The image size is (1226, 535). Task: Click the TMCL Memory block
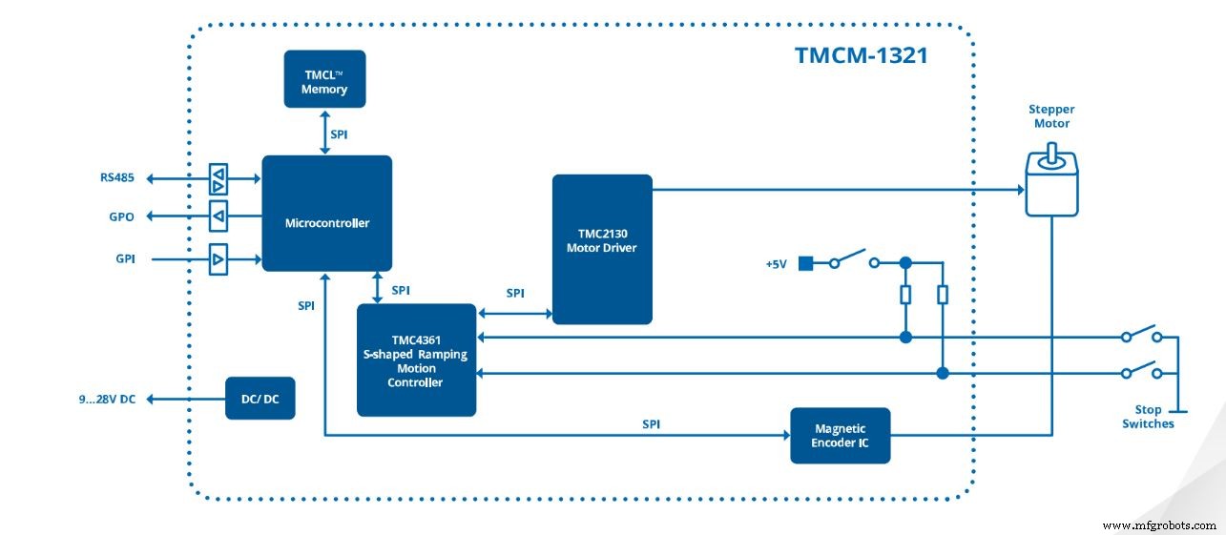tap(324, 79)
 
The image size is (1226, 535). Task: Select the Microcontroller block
tap(326, 214)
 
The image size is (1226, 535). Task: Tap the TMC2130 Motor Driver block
tap(602, 249)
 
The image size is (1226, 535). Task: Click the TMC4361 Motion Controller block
tap(416, 360)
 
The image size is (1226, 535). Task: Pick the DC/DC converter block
tap(260, 399)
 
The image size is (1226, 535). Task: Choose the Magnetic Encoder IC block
tap(840, 436)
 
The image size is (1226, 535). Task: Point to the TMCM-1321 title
tap(861, 55)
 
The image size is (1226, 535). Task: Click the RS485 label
tap(116, 177)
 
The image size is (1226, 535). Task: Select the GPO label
tap(121, 217)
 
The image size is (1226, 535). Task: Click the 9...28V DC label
tap(107, 400)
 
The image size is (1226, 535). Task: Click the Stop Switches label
tap(1148, 417)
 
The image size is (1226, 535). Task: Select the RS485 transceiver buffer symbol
tap(218, 178)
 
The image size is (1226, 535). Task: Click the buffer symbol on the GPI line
tap(218, 258)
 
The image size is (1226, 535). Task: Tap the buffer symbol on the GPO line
tap(218, 217)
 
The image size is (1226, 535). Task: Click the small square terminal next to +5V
tap(803, 263)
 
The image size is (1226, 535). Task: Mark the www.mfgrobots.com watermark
tap(1158, 525)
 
